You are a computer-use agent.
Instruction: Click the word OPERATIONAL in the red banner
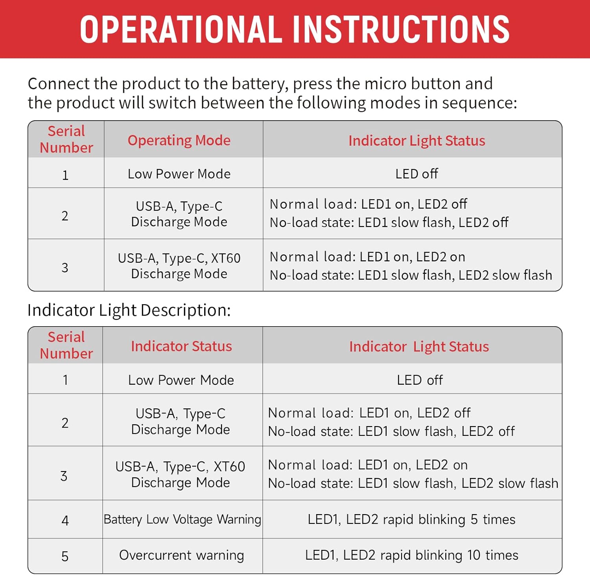[x=181, y=29]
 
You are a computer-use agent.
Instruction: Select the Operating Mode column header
[x=179, y=140]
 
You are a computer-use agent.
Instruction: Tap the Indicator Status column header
[x=181, y=346]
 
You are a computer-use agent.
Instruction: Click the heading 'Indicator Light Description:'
[x=129, y=310]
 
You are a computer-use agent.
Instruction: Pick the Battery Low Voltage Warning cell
[x=182, y=520]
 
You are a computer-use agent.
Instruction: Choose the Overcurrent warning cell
[x=181, y=555]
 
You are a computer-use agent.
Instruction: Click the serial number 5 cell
[x=65, y=556]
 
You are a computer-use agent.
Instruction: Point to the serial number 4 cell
[x=65, y=520]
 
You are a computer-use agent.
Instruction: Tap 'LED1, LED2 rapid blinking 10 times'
[x=411, y=555]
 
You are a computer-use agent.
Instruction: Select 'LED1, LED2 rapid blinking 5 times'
[x=411, y=520]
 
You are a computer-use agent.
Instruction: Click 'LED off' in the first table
[x=417, y=174]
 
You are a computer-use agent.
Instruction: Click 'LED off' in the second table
[x=420, y=380]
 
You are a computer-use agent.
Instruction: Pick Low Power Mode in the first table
[x=179, y=174]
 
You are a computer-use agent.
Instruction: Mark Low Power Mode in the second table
[x=181, y=380]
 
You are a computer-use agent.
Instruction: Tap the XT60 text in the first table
[x=226, y=258]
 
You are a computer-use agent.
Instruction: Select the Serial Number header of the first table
[x=66, y=139]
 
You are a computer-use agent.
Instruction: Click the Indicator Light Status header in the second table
[x=419, y=347]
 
